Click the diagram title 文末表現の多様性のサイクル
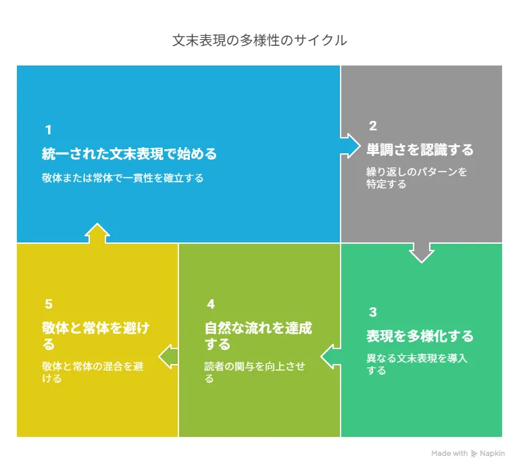259,41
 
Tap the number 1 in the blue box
49,130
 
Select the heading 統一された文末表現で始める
129,154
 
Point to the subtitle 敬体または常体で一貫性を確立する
122,178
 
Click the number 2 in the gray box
373,126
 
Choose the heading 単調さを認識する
420,150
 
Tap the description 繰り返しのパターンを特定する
416,178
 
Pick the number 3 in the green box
373,312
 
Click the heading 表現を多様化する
420,336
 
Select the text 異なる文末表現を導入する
416,364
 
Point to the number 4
211,304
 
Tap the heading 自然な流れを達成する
258,336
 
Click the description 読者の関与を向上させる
255,372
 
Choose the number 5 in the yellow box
49,304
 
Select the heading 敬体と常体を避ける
96,336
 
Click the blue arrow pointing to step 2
351,146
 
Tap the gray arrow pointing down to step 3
422,253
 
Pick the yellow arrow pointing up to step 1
97,233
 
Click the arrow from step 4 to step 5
168,357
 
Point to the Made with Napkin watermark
468,453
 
